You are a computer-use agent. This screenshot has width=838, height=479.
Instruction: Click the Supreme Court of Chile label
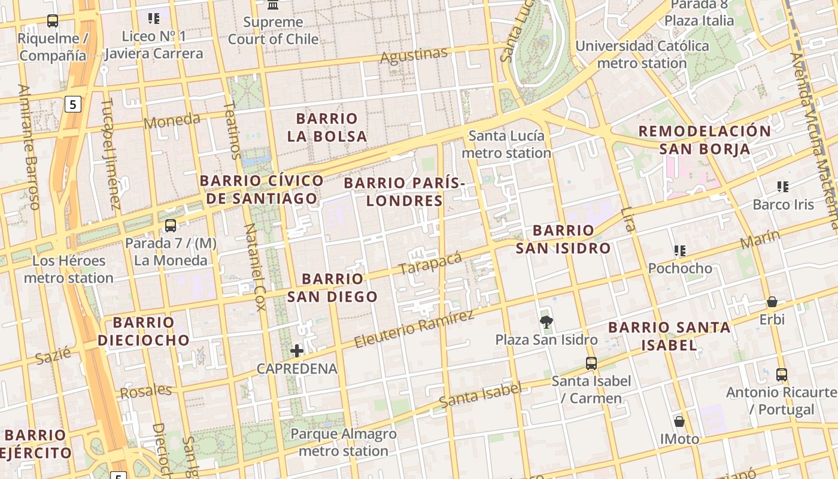tap(273, 31)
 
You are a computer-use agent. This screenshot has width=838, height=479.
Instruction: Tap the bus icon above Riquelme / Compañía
tap(53, 21)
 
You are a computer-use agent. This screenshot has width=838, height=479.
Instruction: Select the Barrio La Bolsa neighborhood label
tap(327, 128)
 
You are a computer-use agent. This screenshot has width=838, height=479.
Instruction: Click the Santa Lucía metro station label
tap(506, 144)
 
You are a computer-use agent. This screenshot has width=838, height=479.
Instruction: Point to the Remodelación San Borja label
tap(705, 140)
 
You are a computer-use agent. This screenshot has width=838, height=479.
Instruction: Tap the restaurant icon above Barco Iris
tap(782, 187)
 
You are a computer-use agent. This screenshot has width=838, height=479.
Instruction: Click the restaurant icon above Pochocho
tap(679, 250)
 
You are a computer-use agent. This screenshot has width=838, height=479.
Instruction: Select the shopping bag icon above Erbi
tap(772, 302)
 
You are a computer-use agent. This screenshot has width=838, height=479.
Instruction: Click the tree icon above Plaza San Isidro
tap(546, 322)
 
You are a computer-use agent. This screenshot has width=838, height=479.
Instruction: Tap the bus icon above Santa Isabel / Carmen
tap(591, 363)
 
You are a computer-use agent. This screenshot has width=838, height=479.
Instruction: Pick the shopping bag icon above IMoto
tap(679, 422)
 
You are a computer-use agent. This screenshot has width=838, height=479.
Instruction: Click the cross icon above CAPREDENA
tap(297, 351)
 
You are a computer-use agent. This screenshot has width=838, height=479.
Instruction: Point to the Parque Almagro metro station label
tap(344, 442)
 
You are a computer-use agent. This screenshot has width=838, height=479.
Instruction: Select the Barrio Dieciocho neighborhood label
tap(144, 331)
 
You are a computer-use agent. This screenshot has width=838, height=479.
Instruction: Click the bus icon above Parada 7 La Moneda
tap(171, 226)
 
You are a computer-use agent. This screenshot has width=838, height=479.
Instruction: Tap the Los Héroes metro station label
tap(69, 269)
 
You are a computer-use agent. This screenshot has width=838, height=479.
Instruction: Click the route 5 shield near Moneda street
tap(72, 105)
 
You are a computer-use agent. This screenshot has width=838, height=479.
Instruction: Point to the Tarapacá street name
tap(430, 263)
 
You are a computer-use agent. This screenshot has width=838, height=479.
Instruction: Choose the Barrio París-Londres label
tap(405, 192)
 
